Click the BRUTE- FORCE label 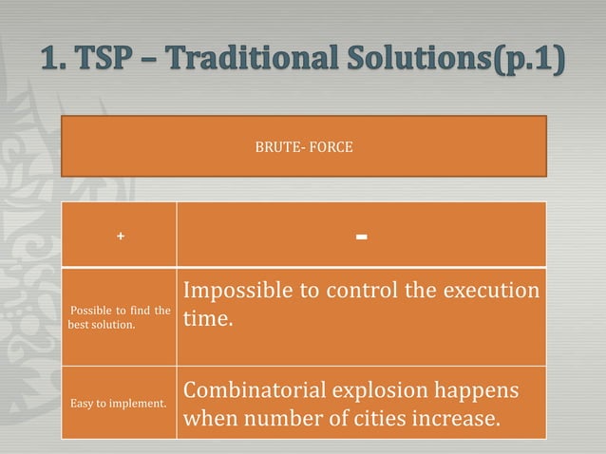click(304, 147)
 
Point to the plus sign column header click(120, 236)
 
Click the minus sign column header click(361, 235)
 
